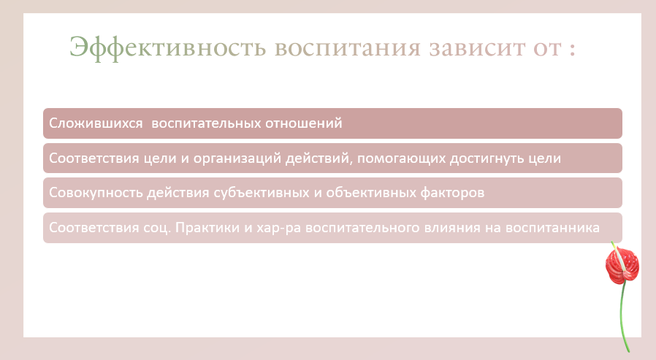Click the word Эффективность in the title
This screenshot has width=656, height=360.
(168, 47)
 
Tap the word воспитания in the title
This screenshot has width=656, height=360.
(347, 48)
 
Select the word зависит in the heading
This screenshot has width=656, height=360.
(477, 48)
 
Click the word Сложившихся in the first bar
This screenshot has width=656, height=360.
(96, 123)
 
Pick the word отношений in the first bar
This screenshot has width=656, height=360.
(304, 123)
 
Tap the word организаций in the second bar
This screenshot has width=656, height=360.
(237, 158)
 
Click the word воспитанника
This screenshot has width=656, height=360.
(552, 228)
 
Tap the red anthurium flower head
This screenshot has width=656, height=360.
(622, 264)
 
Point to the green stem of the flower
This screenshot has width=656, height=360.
(622, 318)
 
